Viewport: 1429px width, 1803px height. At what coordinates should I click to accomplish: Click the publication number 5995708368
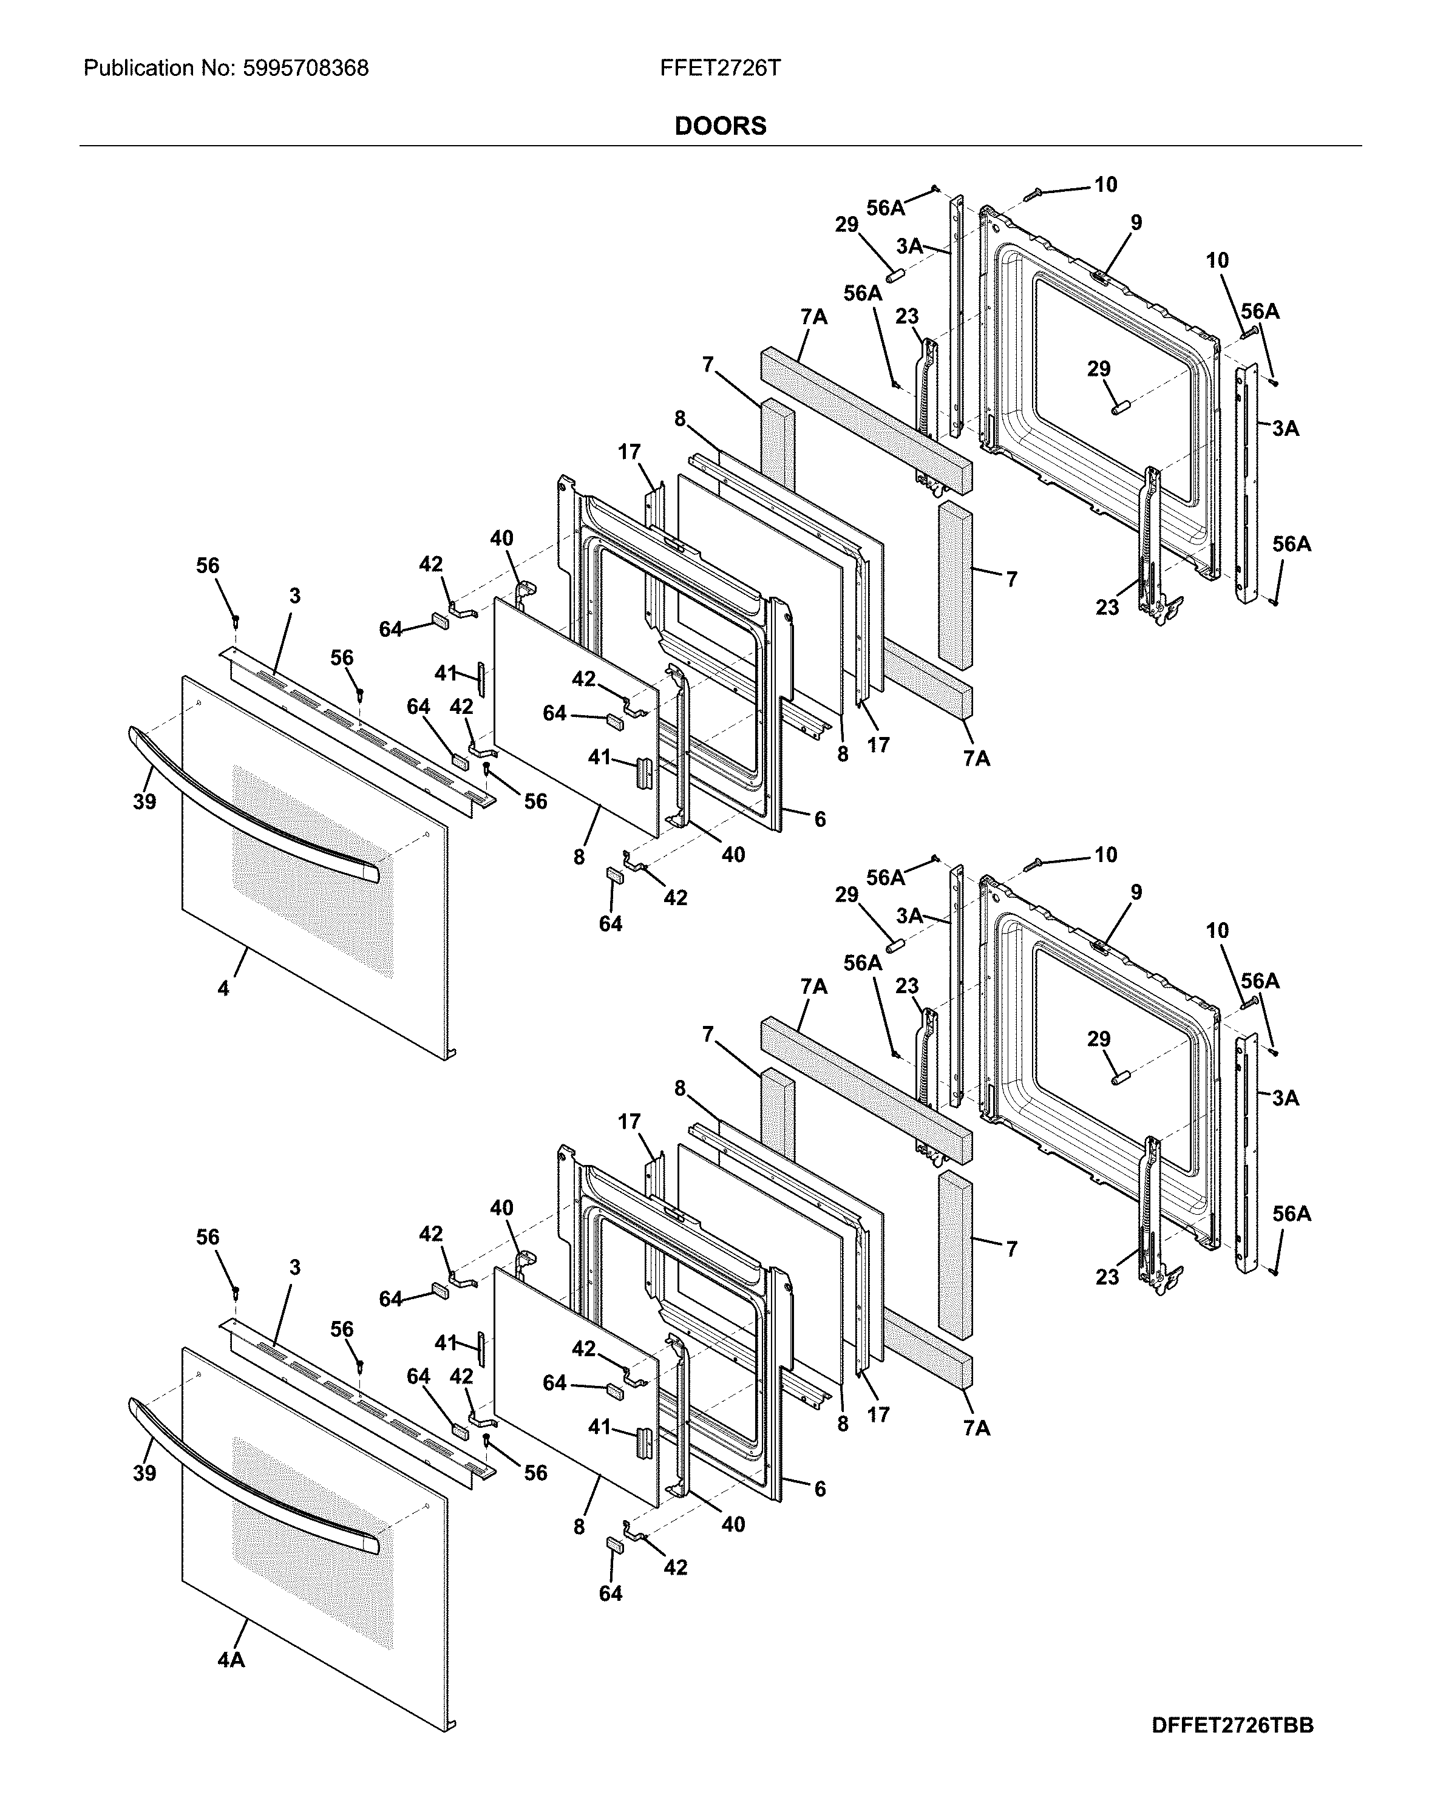tap(305, 69)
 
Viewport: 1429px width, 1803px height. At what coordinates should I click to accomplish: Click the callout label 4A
tap(231, 1660)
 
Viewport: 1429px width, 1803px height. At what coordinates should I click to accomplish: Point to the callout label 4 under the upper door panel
tap(223, 988)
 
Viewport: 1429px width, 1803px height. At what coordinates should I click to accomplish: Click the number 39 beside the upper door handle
tap(144, 802)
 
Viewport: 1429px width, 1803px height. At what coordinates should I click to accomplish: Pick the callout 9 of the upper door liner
tap(1136, 222)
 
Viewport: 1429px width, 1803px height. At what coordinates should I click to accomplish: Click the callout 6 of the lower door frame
tap(820, 1489)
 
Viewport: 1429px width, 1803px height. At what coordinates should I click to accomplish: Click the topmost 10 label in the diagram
tap(1105, 185)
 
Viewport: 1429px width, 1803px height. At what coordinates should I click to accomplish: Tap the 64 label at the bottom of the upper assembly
tap(611, 923)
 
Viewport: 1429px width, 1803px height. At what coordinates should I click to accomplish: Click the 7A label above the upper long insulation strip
tap(813, 317)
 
